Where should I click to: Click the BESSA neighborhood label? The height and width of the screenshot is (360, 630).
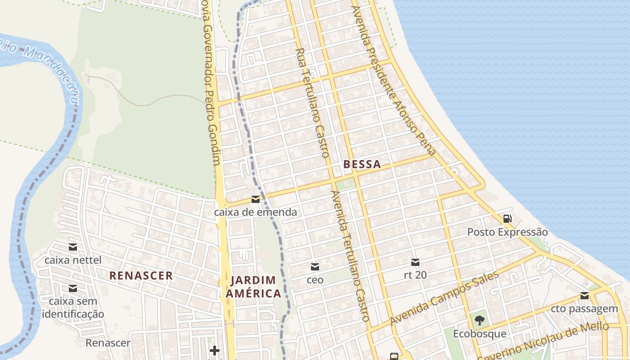coord(362,164)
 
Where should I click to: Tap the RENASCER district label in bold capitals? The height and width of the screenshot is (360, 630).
coord(141,276)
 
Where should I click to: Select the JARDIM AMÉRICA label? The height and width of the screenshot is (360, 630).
coord(253,287)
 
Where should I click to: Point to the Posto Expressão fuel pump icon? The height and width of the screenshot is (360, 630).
coord(507,219)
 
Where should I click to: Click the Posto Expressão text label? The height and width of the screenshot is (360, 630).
coord(507,232)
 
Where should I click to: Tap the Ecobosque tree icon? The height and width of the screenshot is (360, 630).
coord(479,321)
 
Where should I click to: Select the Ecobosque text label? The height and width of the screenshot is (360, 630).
coord(479,334)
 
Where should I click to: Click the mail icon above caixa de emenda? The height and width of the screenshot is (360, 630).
coord(256,199)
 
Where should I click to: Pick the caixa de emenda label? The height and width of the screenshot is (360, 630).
coord(256,212)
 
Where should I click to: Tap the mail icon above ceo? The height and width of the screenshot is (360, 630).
coord(315,267)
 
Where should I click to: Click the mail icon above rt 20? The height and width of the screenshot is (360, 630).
coord(415,262)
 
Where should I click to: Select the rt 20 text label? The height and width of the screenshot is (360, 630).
coord(415,274)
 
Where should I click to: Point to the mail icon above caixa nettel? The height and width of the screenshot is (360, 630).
coord(73,247)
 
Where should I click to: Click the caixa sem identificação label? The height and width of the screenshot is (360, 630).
coord(73,308)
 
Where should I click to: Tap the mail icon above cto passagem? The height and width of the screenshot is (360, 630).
coord(584,296)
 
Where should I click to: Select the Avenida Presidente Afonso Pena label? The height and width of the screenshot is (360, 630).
coord(394,81)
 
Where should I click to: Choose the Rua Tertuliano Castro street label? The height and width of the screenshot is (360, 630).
coord(313,103)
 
